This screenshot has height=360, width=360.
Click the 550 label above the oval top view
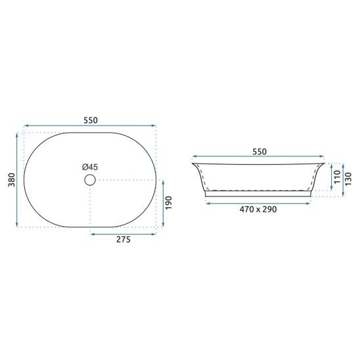click(91, 120)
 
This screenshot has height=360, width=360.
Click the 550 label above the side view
click(259, 152)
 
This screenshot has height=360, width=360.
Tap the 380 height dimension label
click(12, 180)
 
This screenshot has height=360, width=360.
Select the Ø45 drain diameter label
click(90, 167)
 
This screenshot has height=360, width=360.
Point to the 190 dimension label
click(169, 203)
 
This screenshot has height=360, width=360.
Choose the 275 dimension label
click(124, 240)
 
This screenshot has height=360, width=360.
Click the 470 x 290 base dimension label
click(258, 209)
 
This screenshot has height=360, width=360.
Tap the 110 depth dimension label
click(338, 177)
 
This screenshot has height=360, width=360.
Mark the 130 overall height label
click(348, 179)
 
